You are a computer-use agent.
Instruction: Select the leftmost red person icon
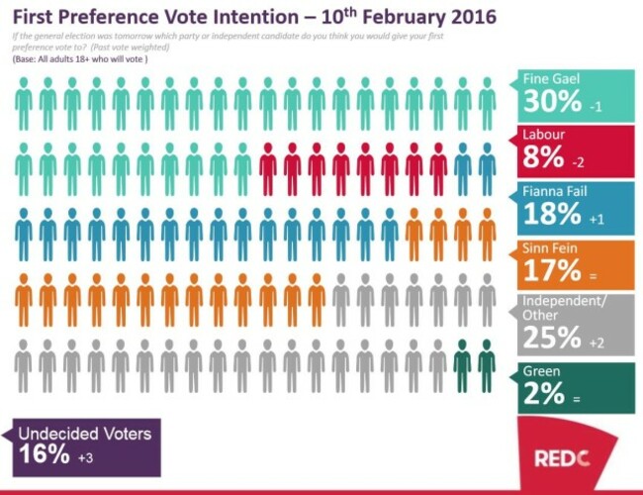tap(267, 168)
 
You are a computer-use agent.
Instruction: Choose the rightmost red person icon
tap(438, 168)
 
